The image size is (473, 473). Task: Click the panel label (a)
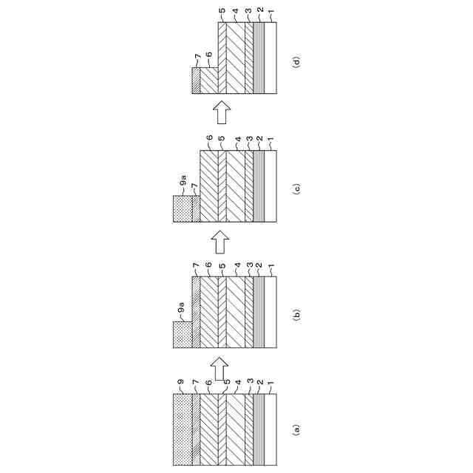298,429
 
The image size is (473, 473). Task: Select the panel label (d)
298,63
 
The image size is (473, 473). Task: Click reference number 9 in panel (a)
180,383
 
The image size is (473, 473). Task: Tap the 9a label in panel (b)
180,305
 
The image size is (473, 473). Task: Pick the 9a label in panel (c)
180,180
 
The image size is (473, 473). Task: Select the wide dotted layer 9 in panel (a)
182,429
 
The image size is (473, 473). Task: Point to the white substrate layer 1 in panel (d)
270,58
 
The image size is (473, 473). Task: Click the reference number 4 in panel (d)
235,12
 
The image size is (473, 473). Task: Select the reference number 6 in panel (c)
209,138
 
